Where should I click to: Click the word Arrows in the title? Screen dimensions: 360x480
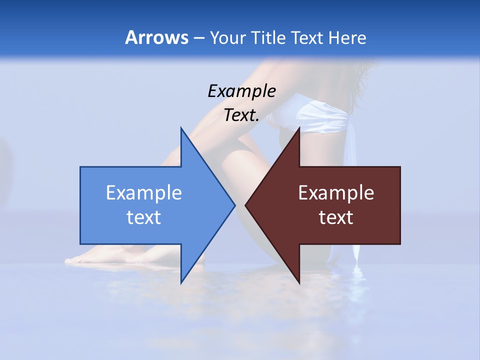coord(156,37)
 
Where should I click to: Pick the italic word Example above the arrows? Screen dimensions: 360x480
coord(241,91)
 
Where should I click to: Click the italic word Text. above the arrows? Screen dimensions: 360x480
coord(241,115)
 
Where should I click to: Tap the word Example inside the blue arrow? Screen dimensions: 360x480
coord(144,193)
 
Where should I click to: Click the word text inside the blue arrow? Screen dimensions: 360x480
coord(144,217)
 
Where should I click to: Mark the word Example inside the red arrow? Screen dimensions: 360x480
coord(336,193)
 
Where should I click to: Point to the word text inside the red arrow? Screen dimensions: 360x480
coord(336,217)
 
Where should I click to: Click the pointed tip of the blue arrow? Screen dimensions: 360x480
coord(233,205)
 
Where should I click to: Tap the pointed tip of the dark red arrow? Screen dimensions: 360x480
coord(246,205)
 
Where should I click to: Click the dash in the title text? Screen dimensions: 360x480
coord(198,38)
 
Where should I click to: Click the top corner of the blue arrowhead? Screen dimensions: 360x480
coord(181,129)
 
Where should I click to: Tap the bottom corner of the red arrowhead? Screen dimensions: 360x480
coord(299,282)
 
